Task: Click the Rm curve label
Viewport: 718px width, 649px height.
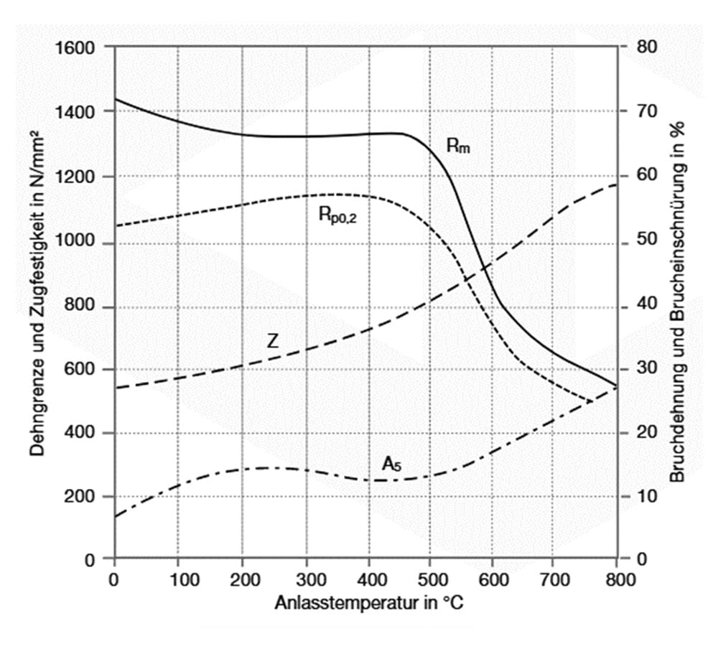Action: [x=457, y=146]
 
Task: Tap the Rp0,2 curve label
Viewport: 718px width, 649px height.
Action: [x=337, y=214]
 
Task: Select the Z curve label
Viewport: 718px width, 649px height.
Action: [x=272, y=341]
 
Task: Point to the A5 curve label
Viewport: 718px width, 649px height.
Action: [x=391, y=465]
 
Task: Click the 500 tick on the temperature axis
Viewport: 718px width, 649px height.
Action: [x=429, y=580]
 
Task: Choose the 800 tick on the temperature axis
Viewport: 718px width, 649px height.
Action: [x=617, y=580]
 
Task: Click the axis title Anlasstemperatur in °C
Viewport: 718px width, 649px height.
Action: [x=368, y=603]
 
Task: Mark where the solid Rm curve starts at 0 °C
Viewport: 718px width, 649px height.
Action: [x=116, y=99]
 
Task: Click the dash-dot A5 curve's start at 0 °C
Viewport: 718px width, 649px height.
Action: [x=116, y=516]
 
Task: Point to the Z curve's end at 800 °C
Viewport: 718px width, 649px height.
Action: [x=616, y=185]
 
